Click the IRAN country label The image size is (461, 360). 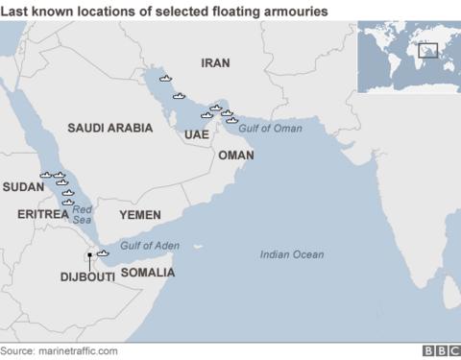[x=216, y=62]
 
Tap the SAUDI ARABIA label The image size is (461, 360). [x=109, y=127]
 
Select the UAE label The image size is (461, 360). [x=197, y=135]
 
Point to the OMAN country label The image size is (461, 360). [x=235, y=155]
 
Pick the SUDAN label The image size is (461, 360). [x=23, y=186]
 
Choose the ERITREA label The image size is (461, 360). [x=43, y=214]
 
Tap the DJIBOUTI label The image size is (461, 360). [x=87, y=276]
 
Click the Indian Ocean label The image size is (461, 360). [x=292, y=254]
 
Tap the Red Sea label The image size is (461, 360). [x=83, y=214]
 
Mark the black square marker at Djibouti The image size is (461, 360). [x=89, y=254]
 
